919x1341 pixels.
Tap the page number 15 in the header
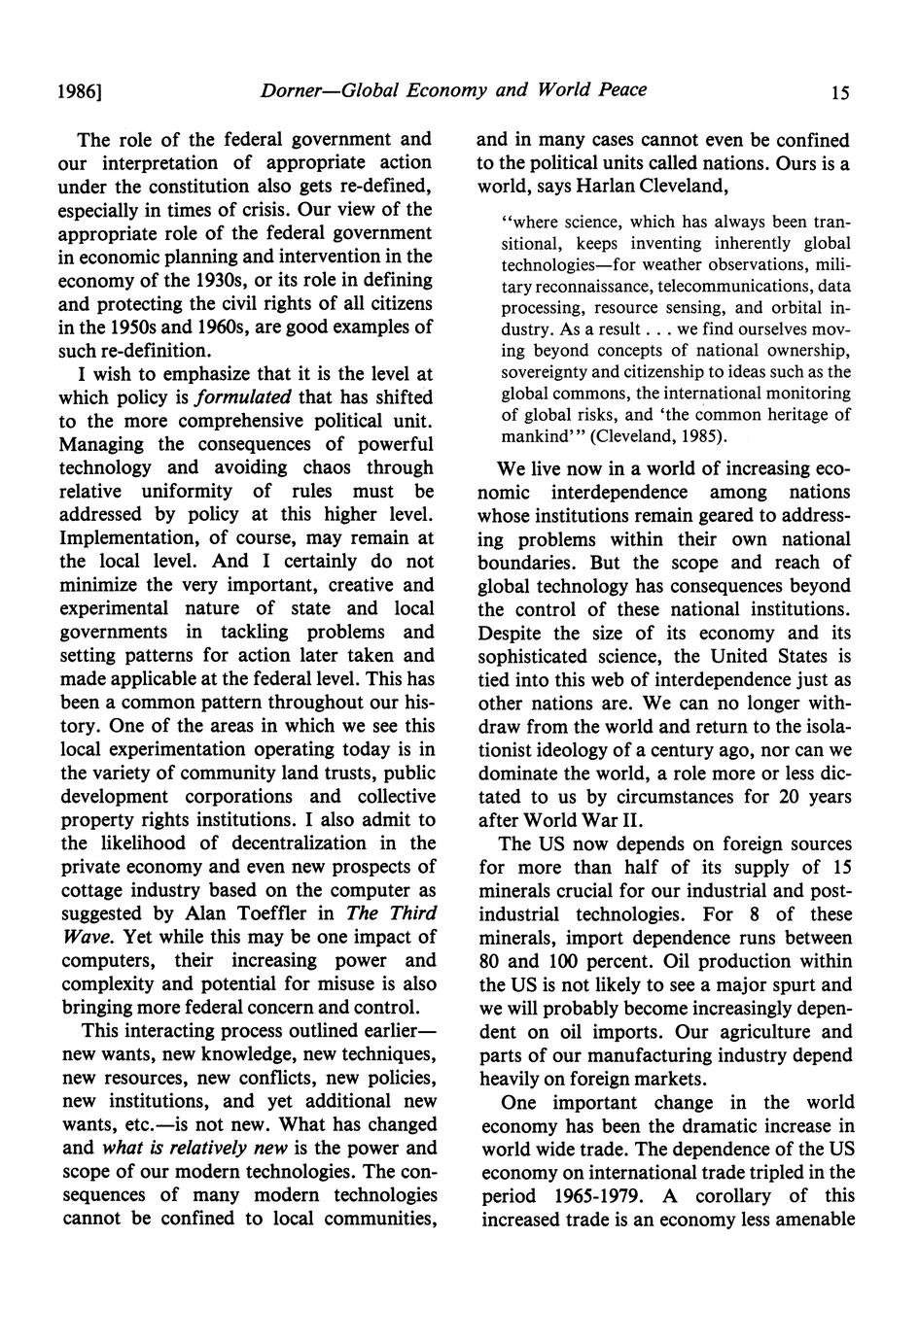tap(840, 93)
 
